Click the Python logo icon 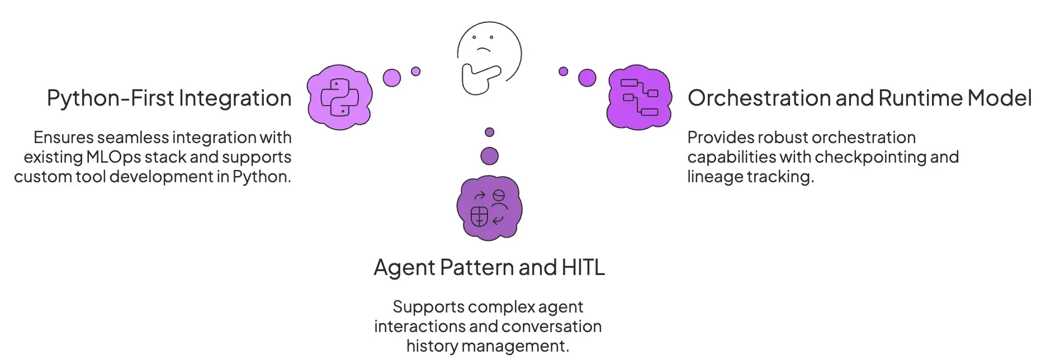tap(339, 97)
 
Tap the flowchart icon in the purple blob tap(639, 97)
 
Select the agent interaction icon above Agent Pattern tap(489, 208)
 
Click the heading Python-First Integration tap(169, 98)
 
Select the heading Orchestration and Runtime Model tap(859, 98)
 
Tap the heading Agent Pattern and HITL tap(489, 268)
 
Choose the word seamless tap(133, 138)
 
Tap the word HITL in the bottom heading tap(583, 268)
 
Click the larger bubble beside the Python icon tap(392, 78)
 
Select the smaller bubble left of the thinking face tap(415, 71)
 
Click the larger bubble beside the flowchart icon tap(587, 78)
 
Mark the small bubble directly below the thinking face tap(490, 132)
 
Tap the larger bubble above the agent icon tap(490, 156)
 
